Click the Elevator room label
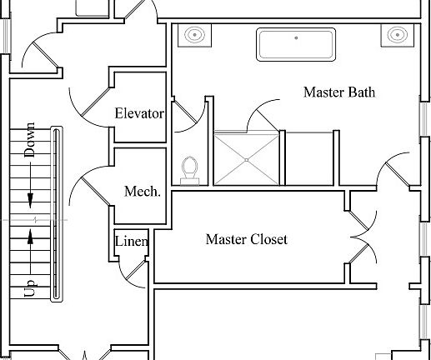tap(139, 113)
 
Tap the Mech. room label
tap(143, 192)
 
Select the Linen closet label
tap(131, 241)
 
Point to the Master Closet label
tap(247, 239)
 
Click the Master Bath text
tap(339, 92)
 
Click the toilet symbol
tap(190, 171)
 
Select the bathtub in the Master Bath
tap(296, 44)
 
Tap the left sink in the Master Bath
tap(195, 35)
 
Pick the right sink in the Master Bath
tap(398, 35)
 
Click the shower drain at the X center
tap(247, 160)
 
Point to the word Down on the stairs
tap(29, 139)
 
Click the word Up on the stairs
tap(30, 287)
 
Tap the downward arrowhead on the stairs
tap(30, 201)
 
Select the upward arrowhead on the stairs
tap(30, 237)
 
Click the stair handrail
tap(57, 214)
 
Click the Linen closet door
tap(136, 270)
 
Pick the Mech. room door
tap(95, 192)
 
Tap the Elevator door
tap(96, 102)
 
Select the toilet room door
tap(185, 112)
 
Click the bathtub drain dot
tap(296, 37)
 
